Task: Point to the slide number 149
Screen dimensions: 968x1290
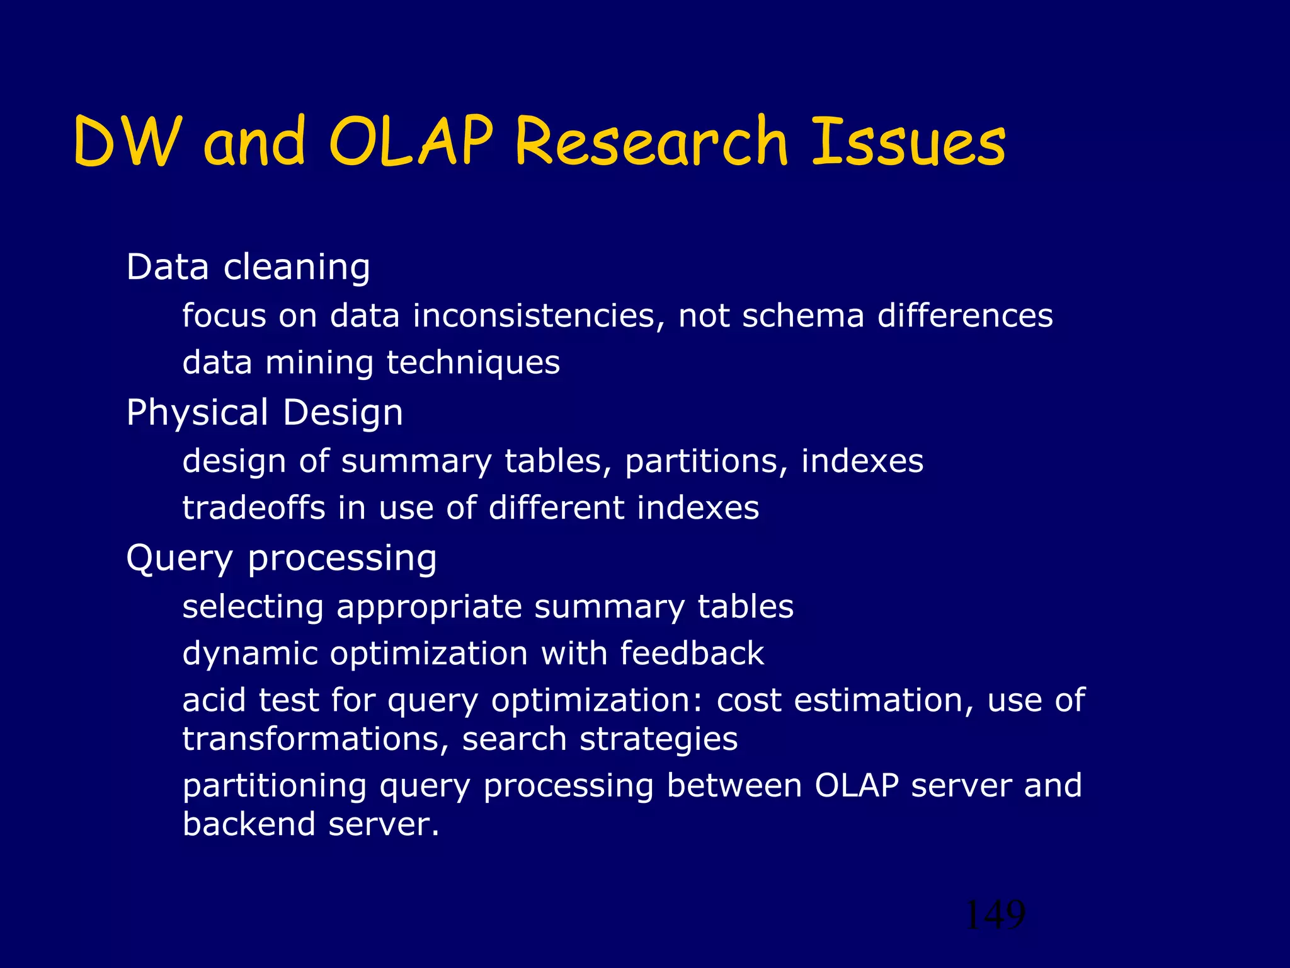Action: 995,914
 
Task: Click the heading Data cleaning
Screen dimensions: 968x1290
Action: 248,267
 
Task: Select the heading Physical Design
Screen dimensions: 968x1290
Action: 265,412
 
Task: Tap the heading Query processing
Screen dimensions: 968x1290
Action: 282,558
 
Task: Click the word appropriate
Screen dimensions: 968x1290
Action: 429,607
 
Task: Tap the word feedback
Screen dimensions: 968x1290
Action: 692,653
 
